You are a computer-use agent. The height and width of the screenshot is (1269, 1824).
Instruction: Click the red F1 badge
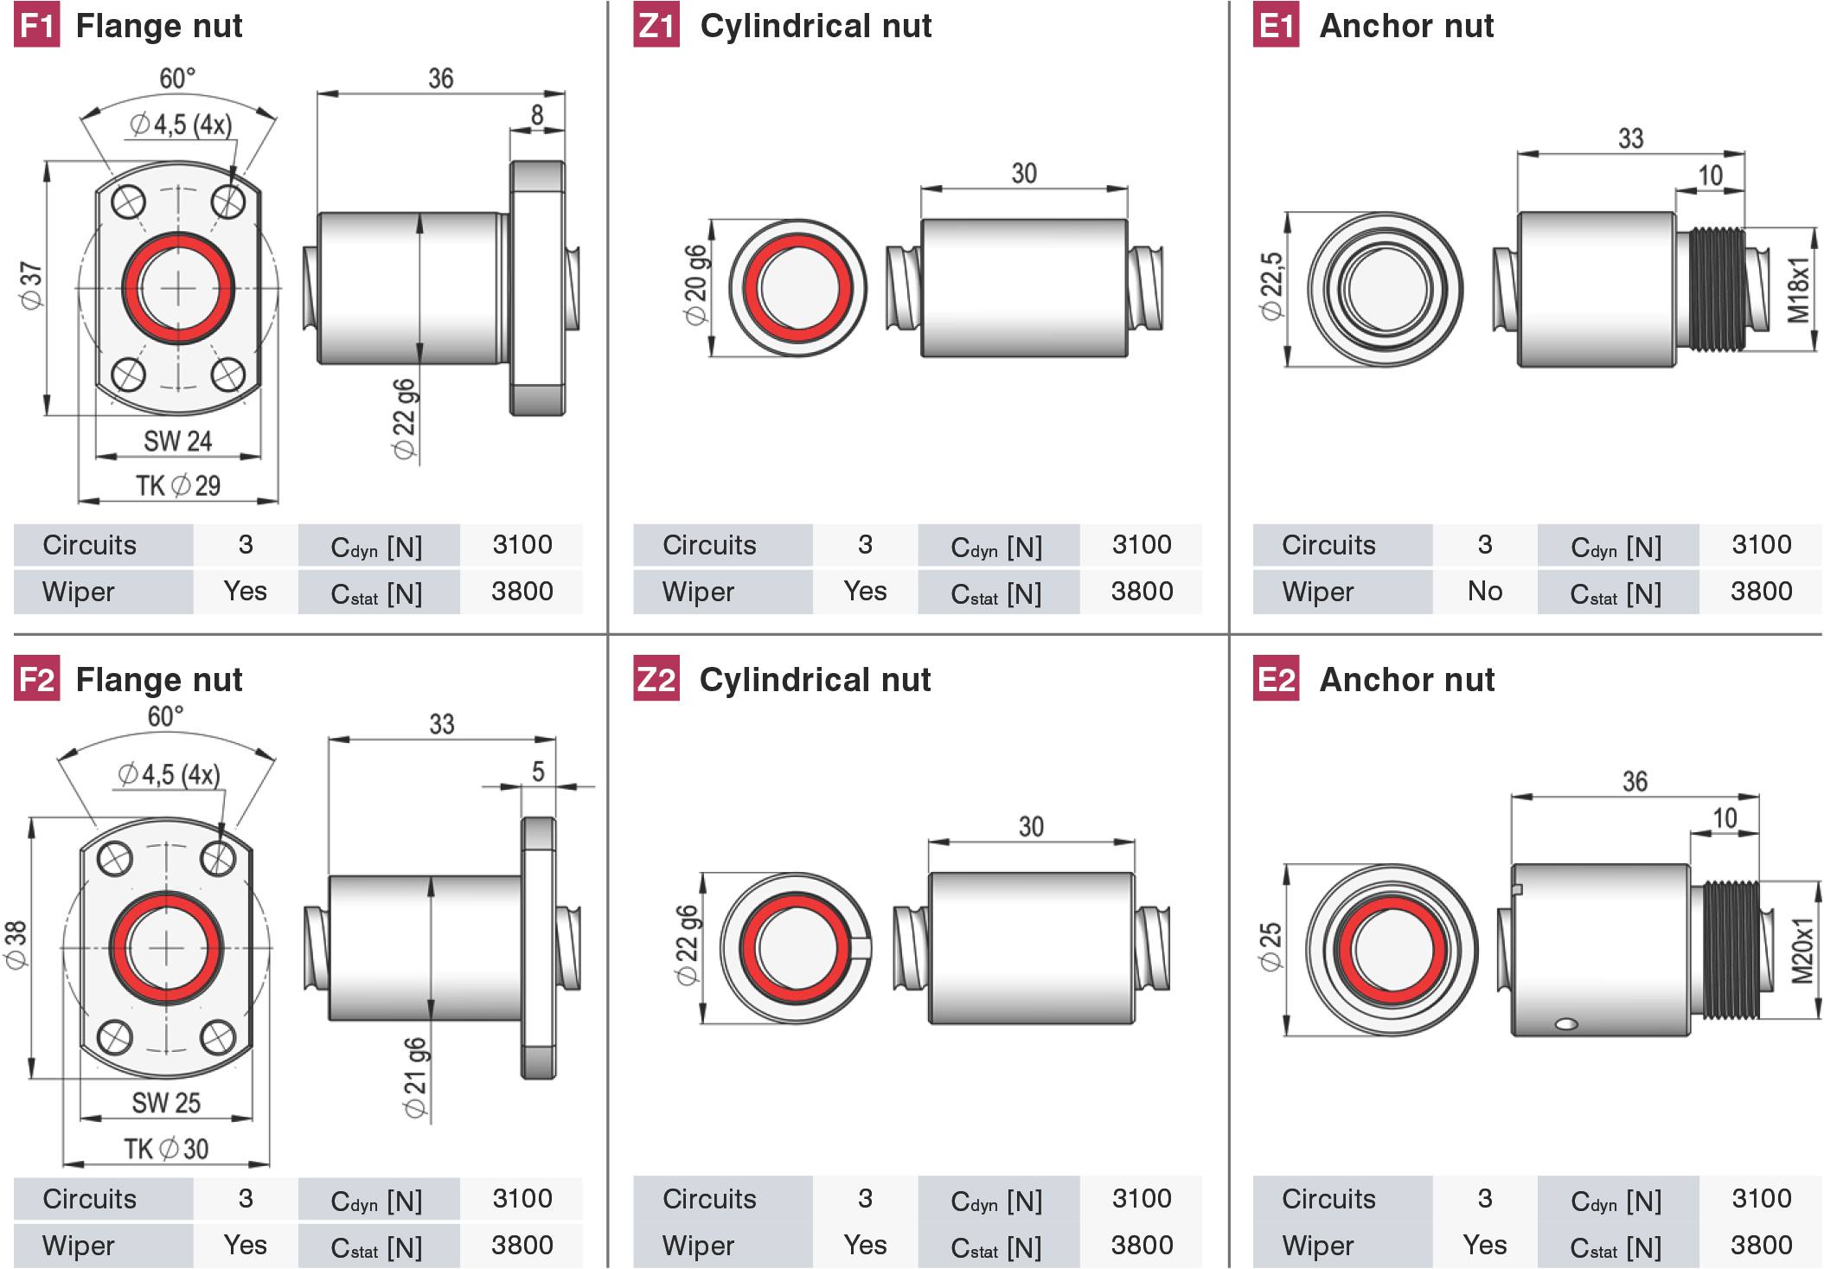click(x=36, y=25)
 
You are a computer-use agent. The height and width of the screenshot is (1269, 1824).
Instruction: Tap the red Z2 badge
click(x=656, y=679)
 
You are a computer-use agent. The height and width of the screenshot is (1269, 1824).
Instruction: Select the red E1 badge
click(x=1277, y=25)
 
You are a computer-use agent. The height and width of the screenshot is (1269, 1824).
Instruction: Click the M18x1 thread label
click(x=1798, y=289)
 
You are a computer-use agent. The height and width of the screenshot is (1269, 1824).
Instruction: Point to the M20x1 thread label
click(x=1802, y=951)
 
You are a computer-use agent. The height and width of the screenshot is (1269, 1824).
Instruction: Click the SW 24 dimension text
click(x=177, y=441)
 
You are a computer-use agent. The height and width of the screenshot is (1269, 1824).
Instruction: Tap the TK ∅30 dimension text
click(x=166, y=1149)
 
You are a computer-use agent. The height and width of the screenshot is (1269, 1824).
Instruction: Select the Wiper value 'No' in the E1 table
click(x=1485, y=591)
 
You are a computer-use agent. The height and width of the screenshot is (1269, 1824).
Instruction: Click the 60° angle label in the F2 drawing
click(x=165, y=716)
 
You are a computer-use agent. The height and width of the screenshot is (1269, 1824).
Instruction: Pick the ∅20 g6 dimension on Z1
click(x=695, y=285)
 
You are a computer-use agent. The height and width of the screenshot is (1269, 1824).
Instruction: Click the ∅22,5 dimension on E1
click(x=1271, y=286)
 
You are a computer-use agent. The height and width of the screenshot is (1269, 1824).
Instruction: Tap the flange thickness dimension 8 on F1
click(x=537, y=115)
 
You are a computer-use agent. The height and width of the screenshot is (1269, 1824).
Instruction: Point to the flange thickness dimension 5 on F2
click(x=538, y=771)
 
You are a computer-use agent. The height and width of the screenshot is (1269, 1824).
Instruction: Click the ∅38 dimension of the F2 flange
click(x=16, y=945)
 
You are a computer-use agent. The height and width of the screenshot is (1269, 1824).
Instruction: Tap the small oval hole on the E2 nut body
click(x=1566, y=1024)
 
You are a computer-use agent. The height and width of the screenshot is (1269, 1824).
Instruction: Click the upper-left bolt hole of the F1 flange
click(x=129, y=203)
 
